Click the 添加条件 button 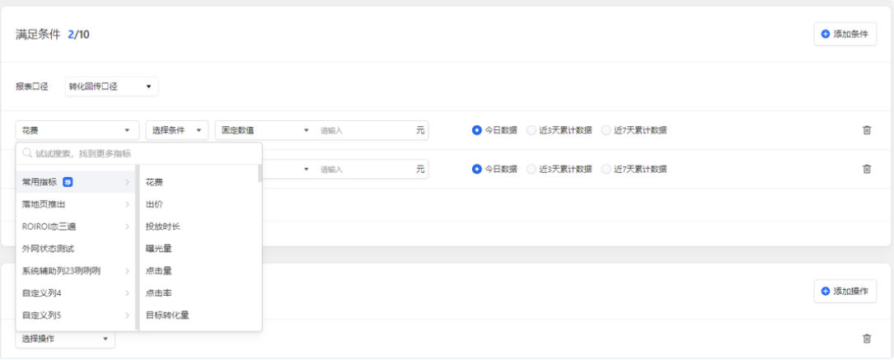[845, 34]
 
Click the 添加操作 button [845, 291]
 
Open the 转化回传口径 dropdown [111, 86]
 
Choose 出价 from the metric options [154, 203]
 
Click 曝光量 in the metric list [158, 248]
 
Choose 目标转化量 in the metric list [167, 315]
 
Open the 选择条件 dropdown [177, 130]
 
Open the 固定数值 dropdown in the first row [264, 130]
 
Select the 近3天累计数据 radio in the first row [531, 130]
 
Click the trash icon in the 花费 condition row [867, 130]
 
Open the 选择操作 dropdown [65, 339]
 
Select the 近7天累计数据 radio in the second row [607, 169]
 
